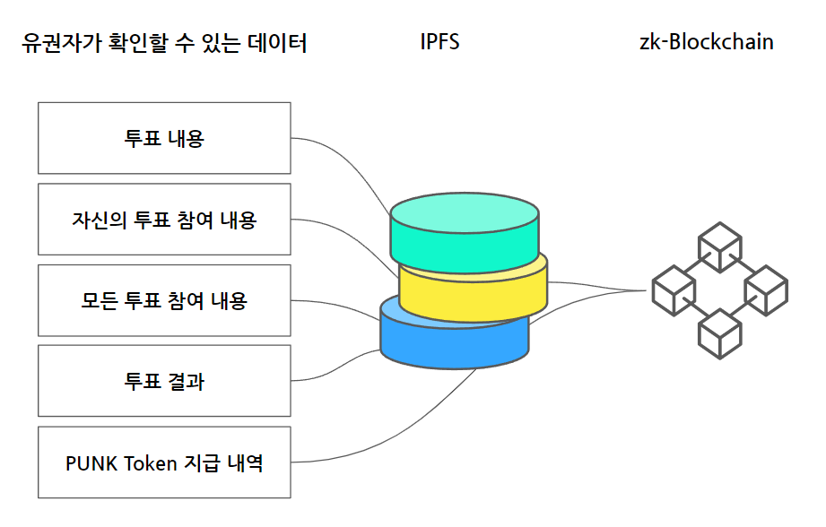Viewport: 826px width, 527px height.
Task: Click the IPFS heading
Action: click(439, 41)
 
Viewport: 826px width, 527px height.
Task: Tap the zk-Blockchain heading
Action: click(707, 41)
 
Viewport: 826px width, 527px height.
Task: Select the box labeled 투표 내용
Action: click(164, 138)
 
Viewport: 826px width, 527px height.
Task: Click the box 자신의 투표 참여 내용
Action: click(164, 219)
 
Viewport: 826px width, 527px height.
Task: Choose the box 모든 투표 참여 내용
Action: click(164, 300)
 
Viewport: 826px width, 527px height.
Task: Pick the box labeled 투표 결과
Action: click(164, 381)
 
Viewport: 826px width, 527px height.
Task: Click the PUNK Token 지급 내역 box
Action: click(164, 462)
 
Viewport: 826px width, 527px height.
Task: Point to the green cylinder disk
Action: click(464, 232)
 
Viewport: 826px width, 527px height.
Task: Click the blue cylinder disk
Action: click(454, 343)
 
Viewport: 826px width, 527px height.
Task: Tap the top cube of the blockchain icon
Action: click(719, 247)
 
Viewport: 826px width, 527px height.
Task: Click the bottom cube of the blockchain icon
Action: click(719, 333)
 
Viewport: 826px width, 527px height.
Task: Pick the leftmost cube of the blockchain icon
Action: click(674, 290)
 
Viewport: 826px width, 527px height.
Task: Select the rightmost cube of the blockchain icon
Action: click(766, 290)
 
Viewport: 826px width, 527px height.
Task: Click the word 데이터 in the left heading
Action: click(277, 43)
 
